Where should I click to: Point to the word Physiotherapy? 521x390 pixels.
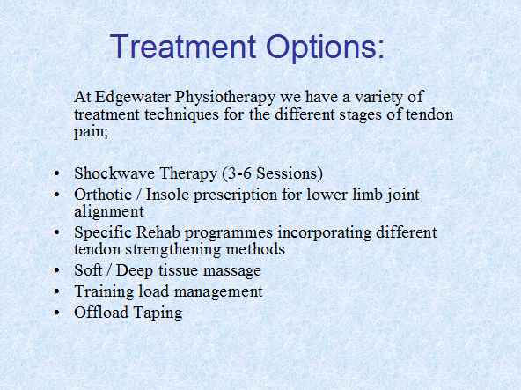point(225,98)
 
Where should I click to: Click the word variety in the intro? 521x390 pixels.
point(378,98)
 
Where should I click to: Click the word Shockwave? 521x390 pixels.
point(114,173)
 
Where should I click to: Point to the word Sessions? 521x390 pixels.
point(286,173)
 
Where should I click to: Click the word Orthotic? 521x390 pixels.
point(103,195)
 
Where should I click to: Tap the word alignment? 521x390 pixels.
point(109,212)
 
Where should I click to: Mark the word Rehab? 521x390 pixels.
point(158,232)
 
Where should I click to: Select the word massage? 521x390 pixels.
point(232,271)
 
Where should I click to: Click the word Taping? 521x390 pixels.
point(158,313)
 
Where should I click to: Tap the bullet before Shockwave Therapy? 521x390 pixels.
point(57,174)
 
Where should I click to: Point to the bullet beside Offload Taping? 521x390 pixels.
point(57,313)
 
